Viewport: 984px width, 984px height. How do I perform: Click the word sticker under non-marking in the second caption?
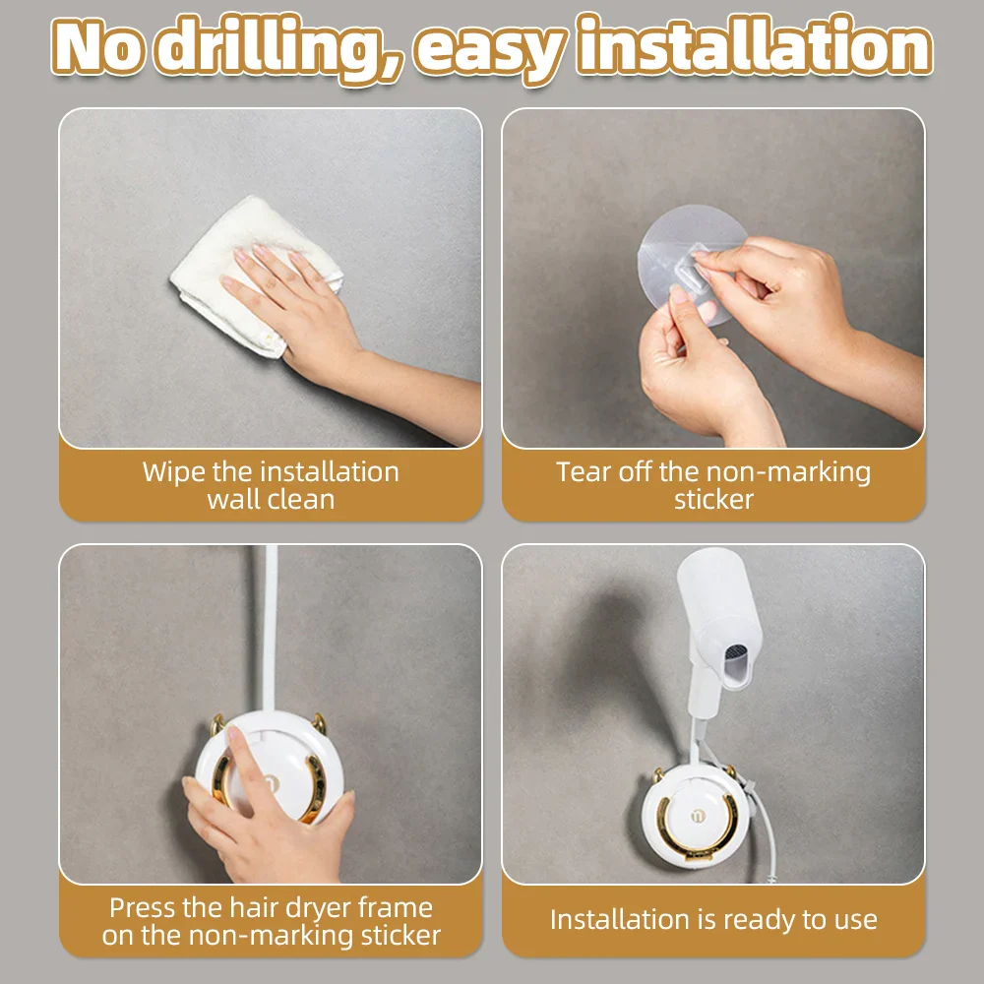tap(713, 500)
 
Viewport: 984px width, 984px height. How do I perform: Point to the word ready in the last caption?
tap(759, 921)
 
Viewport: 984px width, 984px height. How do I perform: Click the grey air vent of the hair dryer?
tap(735, 652)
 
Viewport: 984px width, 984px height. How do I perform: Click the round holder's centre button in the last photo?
tap(698, 816)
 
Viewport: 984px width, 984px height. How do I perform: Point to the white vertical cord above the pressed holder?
tap(271, 628)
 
